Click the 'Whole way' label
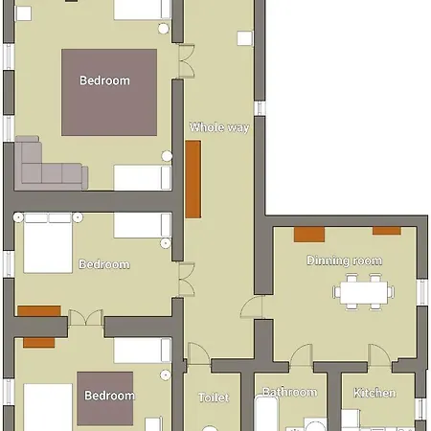[219, 127]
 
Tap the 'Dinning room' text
[344, 261]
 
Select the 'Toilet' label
[214, 397]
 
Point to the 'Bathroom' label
[290, 392]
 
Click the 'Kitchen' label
[374, 393]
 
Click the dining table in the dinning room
[364, 292]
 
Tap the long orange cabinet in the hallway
[193, 179]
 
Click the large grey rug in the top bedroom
[109, 92]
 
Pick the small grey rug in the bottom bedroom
[105, 398]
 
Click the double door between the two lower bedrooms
[85, 319]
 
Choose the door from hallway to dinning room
[252, 307]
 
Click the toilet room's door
[199, 353]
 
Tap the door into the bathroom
[302, 355]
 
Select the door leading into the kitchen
[379, 355]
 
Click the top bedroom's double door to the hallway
[187, 61]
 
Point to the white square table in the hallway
[245, 38]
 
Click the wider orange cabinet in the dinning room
[309, 235]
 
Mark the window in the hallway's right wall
[260, 108]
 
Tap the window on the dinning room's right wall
[422, 292]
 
